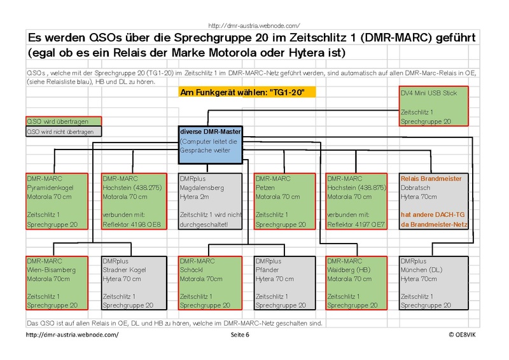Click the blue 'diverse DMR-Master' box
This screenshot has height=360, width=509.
(211, 145)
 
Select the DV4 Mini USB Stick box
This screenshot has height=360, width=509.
(433, 106)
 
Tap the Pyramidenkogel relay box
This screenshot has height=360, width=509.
(57, 201)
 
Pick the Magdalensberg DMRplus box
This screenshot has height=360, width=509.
(211, 201)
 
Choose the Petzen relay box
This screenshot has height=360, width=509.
(284, 201)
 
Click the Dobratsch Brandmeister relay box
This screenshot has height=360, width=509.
(434, 201)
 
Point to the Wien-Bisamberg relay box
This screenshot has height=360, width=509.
(57, 283)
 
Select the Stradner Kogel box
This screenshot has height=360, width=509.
(134, 283)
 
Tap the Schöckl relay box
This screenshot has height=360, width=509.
(211, 283)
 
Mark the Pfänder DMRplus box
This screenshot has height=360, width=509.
(284, 283)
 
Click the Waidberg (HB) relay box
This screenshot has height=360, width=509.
(356, 283)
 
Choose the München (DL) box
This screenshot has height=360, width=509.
(434, 283)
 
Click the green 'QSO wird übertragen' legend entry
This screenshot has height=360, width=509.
(64, 121)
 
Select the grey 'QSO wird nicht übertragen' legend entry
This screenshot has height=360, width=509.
(64, 132)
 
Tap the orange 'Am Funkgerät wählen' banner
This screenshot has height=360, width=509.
(247, 92)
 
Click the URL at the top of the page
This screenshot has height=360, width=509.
(254, 25)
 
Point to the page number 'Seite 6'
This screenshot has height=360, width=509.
(240, 335)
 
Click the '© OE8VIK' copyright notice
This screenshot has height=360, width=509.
(462, 335)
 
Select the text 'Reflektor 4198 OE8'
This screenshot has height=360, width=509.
(132, 225)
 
